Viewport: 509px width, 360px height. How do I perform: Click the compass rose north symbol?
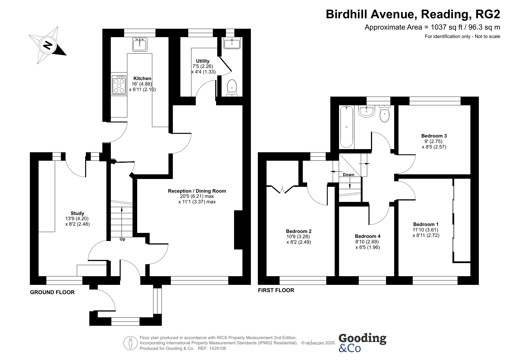click(x=48, y=45)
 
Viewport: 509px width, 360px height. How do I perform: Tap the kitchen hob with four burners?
click(x=119, y=85)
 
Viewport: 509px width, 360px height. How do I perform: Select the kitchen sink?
click(x=140, y=44)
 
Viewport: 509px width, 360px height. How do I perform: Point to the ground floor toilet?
click(x=232, y=88)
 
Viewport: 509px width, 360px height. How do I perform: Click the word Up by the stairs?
click(x=122, y=239)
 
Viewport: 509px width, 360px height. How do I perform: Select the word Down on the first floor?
click(x=348, y=175)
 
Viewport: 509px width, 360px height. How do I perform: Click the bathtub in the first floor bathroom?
click(x=347, y=127)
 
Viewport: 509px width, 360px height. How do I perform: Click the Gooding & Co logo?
click(x=362, y=343)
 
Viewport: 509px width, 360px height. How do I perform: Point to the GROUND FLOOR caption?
click(x=52, y=292)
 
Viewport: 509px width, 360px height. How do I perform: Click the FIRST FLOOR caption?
click(x=276, y=290)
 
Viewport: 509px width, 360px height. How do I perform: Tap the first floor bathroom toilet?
click(x=385, y=114)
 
